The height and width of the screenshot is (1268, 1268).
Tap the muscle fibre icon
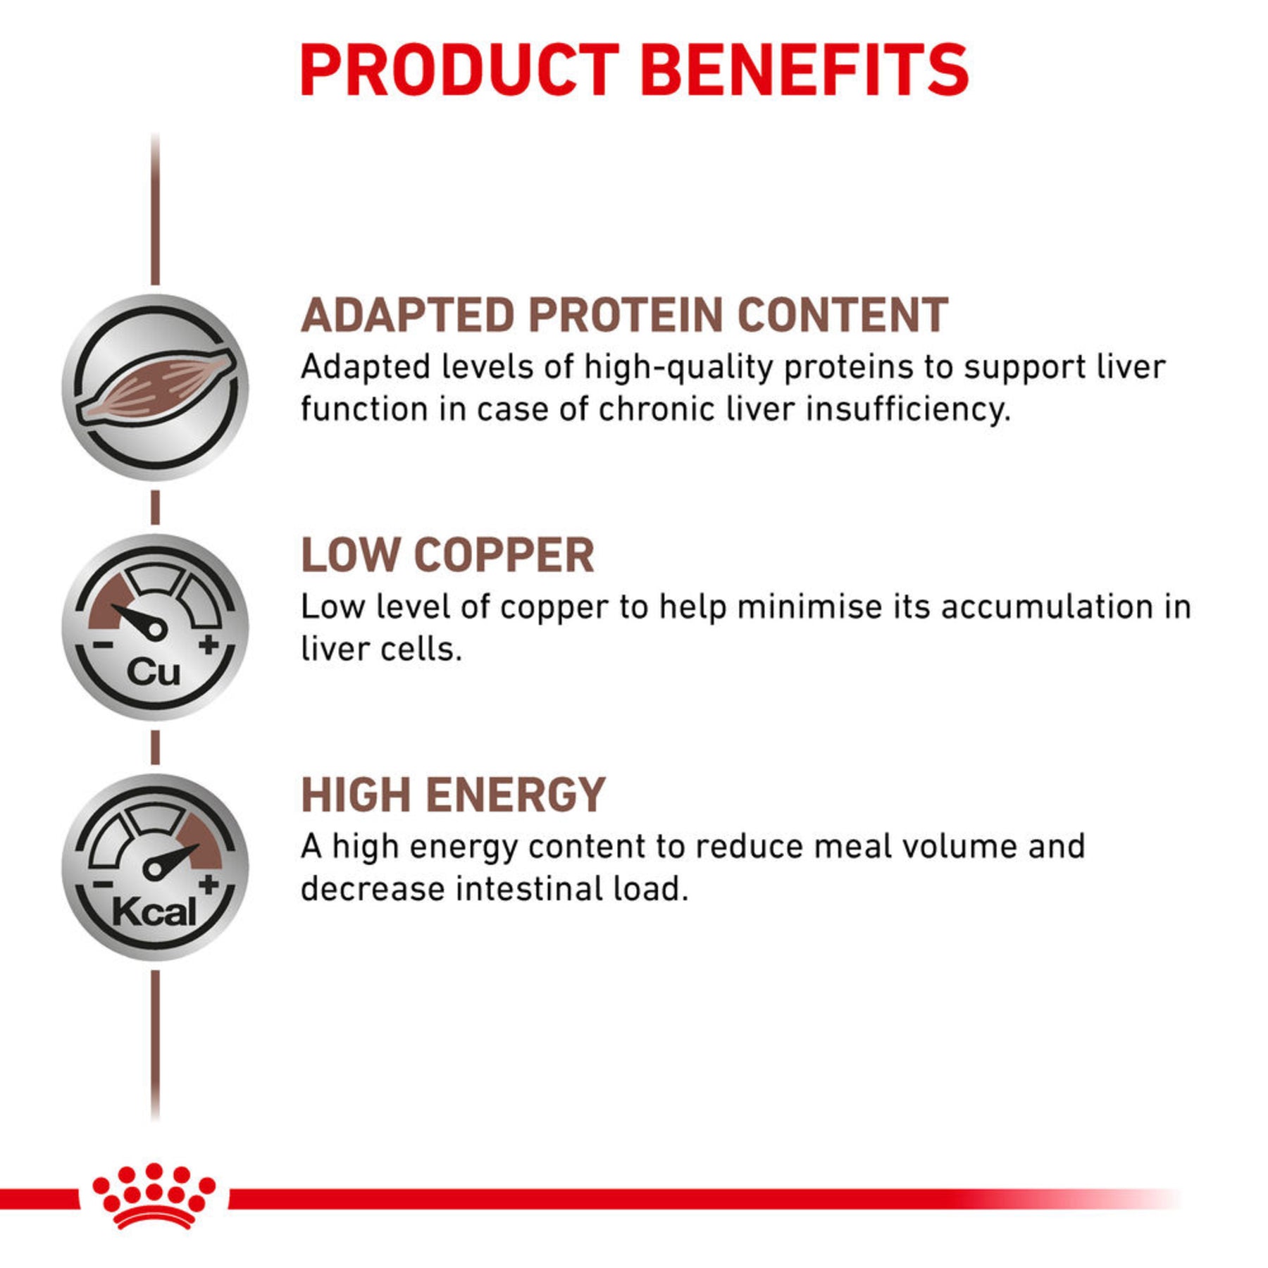coord(155,388)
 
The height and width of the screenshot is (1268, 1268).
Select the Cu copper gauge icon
coord(155,627)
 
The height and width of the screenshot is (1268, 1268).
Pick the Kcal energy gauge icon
coord(155,867)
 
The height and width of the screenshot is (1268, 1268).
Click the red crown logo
coord(154,1195)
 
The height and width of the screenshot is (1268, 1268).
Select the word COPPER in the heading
coord(508,556)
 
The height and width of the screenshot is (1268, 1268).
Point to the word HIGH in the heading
coord(356,796)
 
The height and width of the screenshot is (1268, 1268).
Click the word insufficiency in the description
coord(908,409)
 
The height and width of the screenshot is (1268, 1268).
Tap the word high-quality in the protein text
coord(678,368)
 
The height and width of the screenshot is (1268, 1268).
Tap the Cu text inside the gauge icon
coord(154,671)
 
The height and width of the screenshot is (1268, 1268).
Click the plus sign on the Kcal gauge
coord(209,885)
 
